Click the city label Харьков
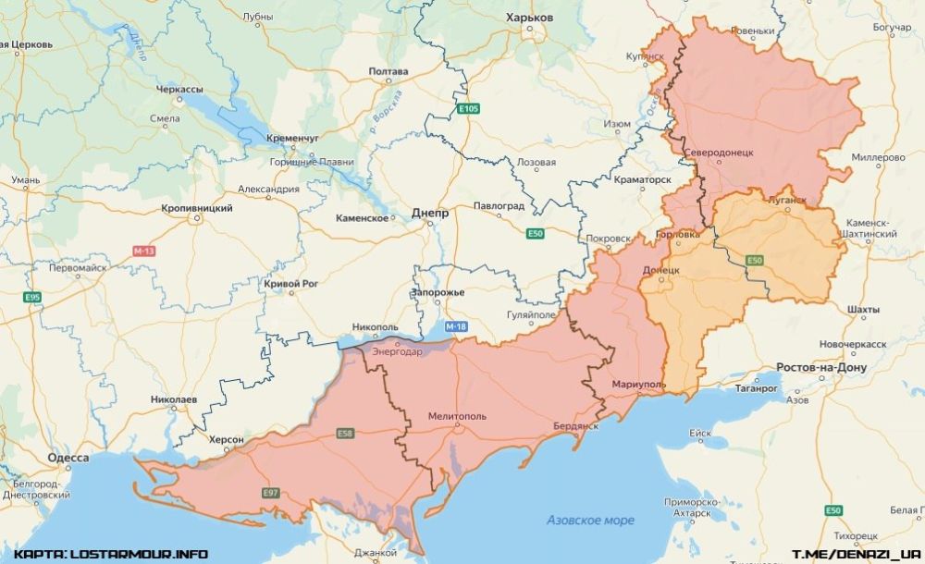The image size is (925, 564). (530, 18)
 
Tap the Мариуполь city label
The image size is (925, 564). (638, 384)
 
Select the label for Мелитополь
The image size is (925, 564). (457, 417)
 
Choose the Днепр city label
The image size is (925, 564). (429, 213)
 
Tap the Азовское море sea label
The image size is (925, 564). (590, 520)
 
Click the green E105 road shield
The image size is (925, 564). (469, 109)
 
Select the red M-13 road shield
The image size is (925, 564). (144, 251)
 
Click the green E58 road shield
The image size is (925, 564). (345, 434)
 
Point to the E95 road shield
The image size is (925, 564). (33, 297)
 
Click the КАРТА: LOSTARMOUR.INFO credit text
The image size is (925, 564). (111, 554)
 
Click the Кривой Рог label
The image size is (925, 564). (294, 283)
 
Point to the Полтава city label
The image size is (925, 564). (388, 71)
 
